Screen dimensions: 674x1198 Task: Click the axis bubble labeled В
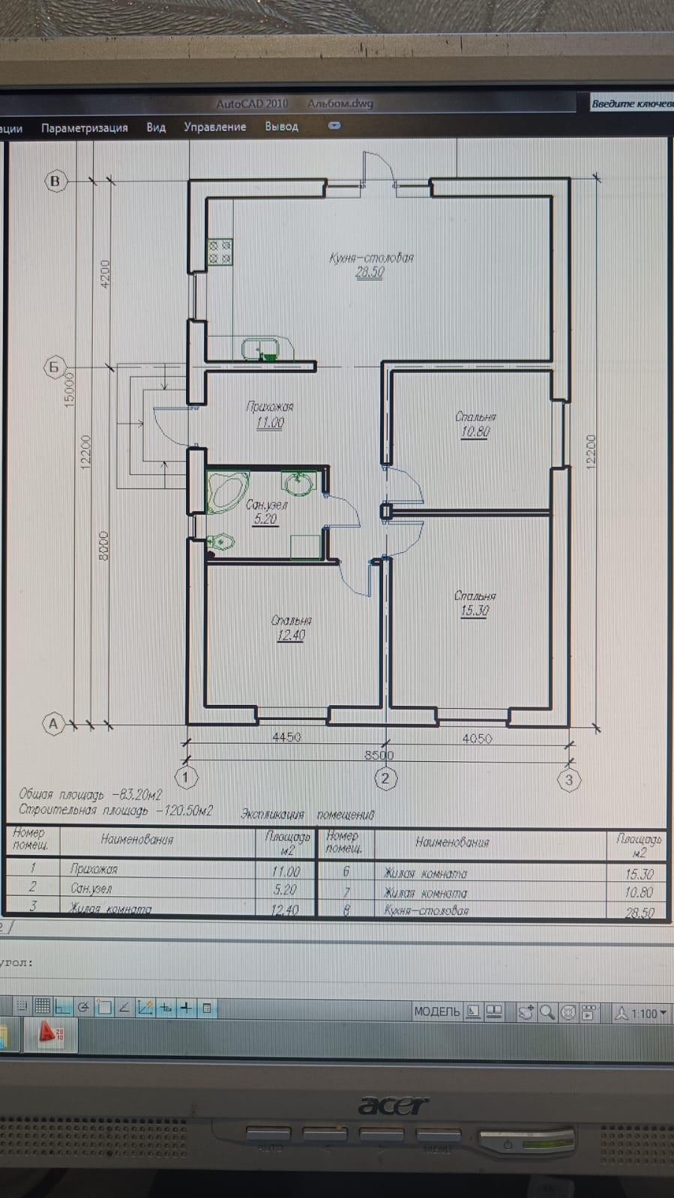pos(55,181)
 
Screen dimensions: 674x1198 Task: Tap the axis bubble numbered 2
pos(385,778)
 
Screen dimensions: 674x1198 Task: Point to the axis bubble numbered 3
pos(569,780)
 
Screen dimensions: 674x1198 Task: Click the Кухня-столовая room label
pos(371,258)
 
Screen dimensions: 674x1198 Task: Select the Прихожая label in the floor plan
pos(270,407)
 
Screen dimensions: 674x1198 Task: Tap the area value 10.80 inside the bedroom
pos(475,432)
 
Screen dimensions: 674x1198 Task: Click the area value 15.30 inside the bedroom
pos(475,611)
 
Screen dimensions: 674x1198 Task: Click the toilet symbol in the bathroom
pos(222,541)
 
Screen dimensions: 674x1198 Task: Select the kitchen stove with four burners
pos(220,252)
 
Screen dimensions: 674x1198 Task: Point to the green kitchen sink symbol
pos(261,350)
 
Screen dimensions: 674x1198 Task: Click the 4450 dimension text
pos(286,737)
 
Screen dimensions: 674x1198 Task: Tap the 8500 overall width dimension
pos(379,755)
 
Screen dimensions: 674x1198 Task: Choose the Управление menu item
pos(215,127)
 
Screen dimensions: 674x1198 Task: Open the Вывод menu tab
pos(281,127)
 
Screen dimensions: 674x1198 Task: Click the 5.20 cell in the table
pos(285,890)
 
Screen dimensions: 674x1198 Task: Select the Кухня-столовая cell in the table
pos(427,911)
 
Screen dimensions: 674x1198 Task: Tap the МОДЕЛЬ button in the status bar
pos(436,1012)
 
